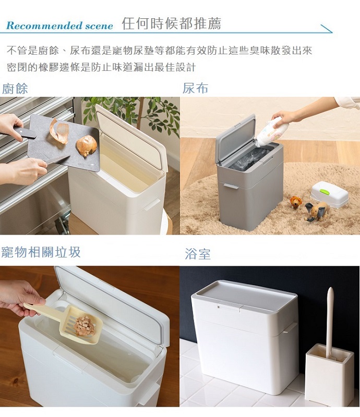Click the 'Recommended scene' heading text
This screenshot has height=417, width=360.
pyautogui.click(x=59, y=26)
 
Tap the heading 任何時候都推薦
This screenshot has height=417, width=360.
pyautogui.click(x=171, y=23)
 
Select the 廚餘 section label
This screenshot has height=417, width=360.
pyautogui.click(x=15, y=89)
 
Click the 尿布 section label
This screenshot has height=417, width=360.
pyautogui.click(x=195, y=88)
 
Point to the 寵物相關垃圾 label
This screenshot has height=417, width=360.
pyautogui.click(x=41, y=252)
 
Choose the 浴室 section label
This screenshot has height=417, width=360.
pyautogui.click(x=198, y=254)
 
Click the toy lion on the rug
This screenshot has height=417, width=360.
pyautogui.click(x=295, y=203)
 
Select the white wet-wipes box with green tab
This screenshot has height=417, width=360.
pyautogui.click(x=329, y=194)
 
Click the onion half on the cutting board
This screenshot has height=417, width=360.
pyautogui.click(x=86, y=145)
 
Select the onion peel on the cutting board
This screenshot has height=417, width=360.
pyautogui.click(x=59, y=131)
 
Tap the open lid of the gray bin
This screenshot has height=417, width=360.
pyautogui.click(x=236, y=138)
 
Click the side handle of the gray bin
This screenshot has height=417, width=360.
pyautogui.click(x=231, y=186)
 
